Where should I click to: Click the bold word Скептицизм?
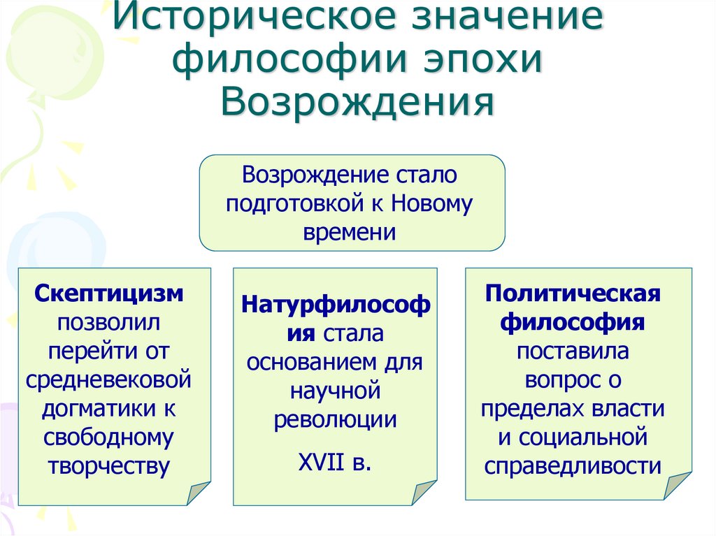coord(109,292)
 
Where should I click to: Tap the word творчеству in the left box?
coord(109,466)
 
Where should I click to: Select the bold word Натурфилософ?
coord(336,305)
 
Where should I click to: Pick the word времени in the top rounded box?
coord(350,232)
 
